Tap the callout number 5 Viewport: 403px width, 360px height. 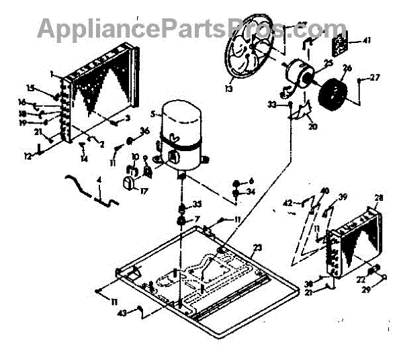153,114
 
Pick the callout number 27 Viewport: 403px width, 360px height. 375,77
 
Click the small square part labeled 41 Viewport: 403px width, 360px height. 343,44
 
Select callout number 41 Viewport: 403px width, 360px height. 366,40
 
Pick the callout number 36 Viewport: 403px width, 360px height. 144,130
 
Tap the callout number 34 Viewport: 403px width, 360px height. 251,192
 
